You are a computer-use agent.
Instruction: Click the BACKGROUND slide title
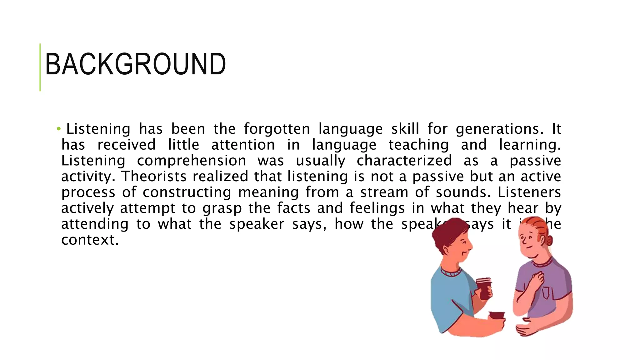(135, 65)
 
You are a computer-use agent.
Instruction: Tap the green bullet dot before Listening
(58, 129)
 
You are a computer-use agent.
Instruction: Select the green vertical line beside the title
(40, 67)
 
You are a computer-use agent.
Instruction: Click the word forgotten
(277, 129)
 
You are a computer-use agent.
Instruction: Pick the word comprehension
(191, 161)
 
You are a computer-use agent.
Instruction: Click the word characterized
(404, 161)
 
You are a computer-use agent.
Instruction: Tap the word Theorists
(154, 177)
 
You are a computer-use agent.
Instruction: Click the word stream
(384, 192)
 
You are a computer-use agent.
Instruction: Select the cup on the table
(497, 315)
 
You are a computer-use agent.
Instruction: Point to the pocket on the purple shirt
(546, 292)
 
